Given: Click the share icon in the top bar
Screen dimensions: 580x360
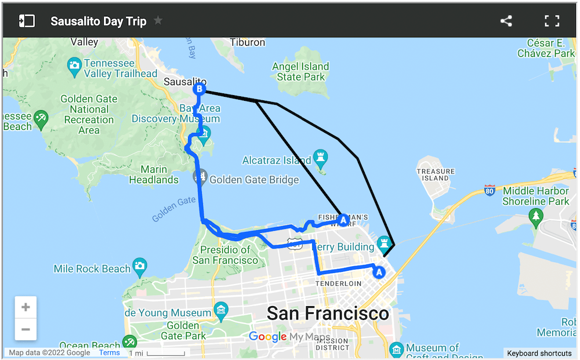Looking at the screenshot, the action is point(506,21).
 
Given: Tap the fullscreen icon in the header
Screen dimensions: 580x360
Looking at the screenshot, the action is point(552,21).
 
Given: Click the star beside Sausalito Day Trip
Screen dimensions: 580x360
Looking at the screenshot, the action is point(158,21).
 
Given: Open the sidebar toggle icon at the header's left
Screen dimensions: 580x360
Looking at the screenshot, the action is point(27,21).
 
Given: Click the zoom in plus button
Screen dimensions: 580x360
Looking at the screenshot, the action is point(26,307).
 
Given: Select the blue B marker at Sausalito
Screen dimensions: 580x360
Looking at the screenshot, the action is point(199,89).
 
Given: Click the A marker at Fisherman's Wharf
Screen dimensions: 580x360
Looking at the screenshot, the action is point(343,220).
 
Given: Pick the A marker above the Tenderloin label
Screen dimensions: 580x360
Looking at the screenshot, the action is point(379,271).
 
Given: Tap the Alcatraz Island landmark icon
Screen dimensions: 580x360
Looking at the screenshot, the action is point(320,157).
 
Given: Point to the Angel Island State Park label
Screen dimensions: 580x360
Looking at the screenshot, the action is point(300,72).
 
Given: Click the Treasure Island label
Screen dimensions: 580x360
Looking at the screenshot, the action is point(436,174).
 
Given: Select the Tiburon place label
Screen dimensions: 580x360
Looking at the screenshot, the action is point(248,42).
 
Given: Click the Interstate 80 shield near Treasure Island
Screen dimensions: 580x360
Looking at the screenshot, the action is point(490,190).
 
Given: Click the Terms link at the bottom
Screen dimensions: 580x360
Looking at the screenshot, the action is point(109,352).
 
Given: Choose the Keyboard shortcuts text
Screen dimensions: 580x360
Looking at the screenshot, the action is point(539,353).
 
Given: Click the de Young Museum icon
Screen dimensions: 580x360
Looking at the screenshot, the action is point(221,310).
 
